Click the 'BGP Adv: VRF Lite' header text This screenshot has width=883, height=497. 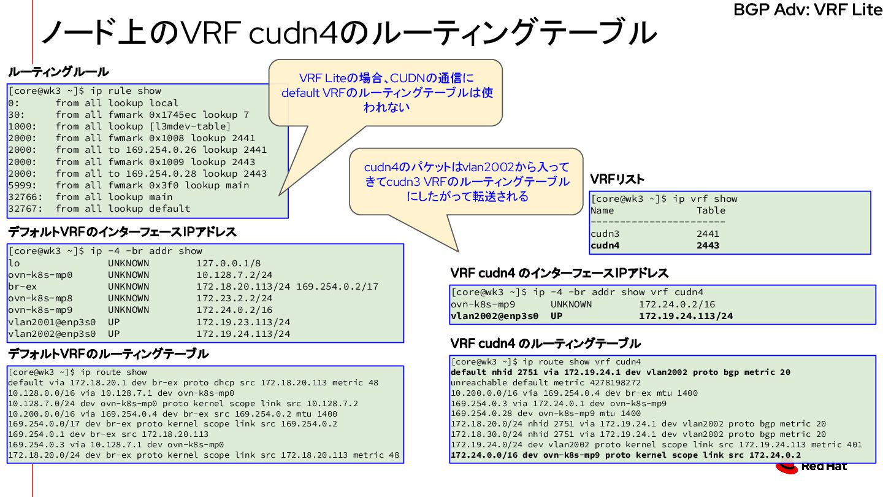point(808,10)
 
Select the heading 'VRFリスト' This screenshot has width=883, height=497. point(617,179)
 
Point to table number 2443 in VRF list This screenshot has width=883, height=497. point(708,245)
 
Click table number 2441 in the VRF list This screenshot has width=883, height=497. point(708,234)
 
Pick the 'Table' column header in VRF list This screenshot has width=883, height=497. point(711,210)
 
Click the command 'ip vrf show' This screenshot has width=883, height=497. point(705,199)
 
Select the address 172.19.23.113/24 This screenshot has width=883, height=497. point(243,322)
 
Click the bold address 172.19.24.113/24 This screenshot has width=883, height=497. point(686,317)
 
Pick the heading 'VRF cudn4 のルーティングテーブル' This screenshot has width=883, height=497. point(546,343)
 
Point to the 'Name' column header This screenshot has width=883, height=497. point(602,210)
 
